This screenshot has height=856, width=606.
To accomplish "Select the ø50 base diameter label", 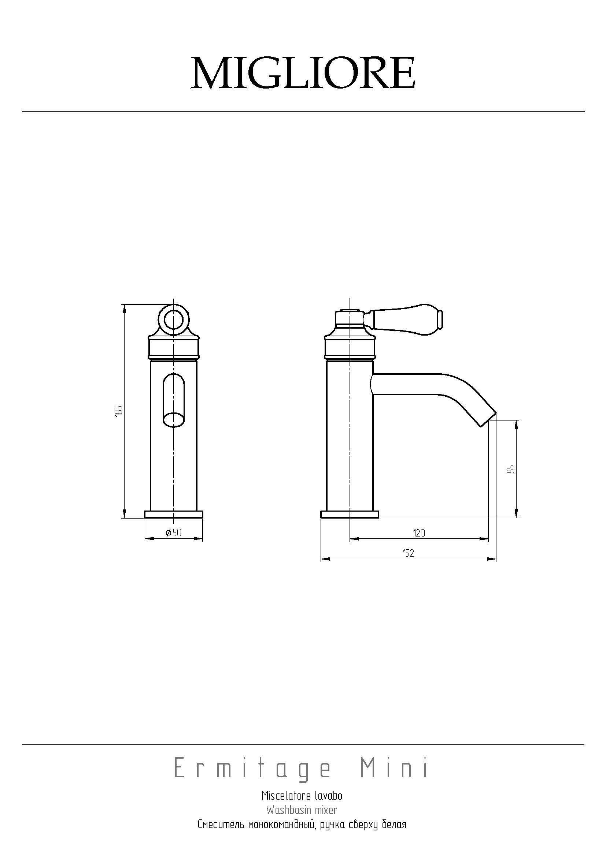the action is (174, 533).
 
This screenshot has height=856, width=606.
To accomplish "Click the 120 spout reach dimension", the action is (419, 533).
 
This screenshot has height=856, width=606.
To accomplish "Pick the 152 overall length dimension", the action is (409, 553).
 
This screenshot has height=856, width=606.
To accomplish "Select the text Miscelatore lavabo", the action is (302, 796).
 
